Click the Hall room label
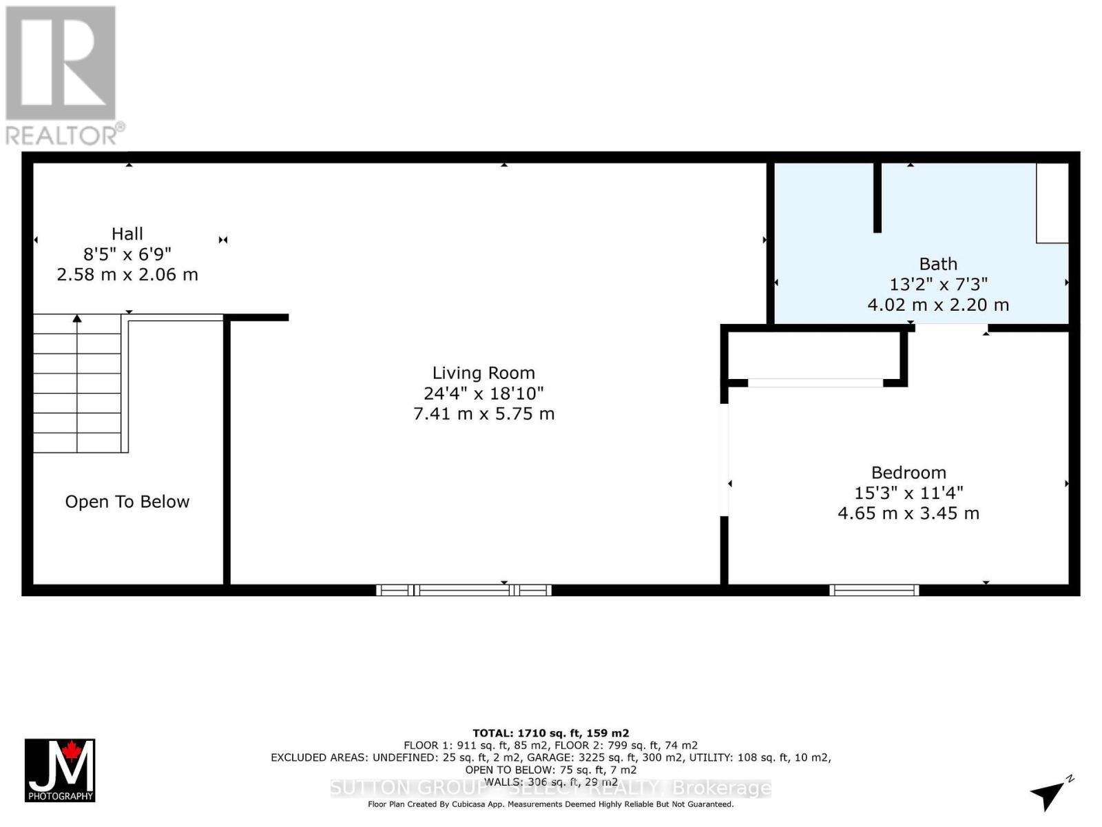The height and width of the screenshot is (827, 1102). tap(127, 234)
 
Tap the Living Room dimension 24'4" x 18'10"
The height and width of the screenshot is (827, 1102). tap(484, 394)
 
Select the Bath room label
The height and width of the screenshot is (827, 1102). tap(938, 264)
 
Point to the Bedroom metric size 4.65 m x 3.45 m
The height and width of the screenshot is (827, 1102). tap(908, 513)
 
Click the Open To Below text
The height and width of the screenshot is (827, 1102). tap(127, 502)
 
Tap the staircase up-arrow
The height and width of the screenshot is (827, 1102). tap(77, 319)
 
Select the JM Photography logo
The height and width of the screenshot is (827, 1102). tap(60, 770)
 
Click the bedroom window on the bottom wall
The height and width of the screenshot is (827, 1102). tap(874, 590)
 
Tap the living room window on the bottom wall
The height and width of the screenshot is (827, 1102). tap(464, 590)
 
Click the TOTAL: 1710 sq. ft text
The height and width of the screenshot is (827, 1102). tap(550, 733)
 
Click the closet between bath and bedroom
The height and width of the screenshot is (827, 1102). tap(814, 355)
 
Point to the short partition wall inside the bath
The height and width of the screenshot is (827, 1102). tap(877, 197)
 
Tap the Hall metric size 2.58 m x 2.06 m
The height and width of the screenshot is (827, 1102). tap(127, 275)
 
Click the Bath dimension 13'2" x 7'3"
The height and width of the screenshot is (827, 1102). tap(938, 284)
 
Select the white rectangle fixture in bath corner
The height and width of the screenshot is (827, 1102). tap(1052, 203)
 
